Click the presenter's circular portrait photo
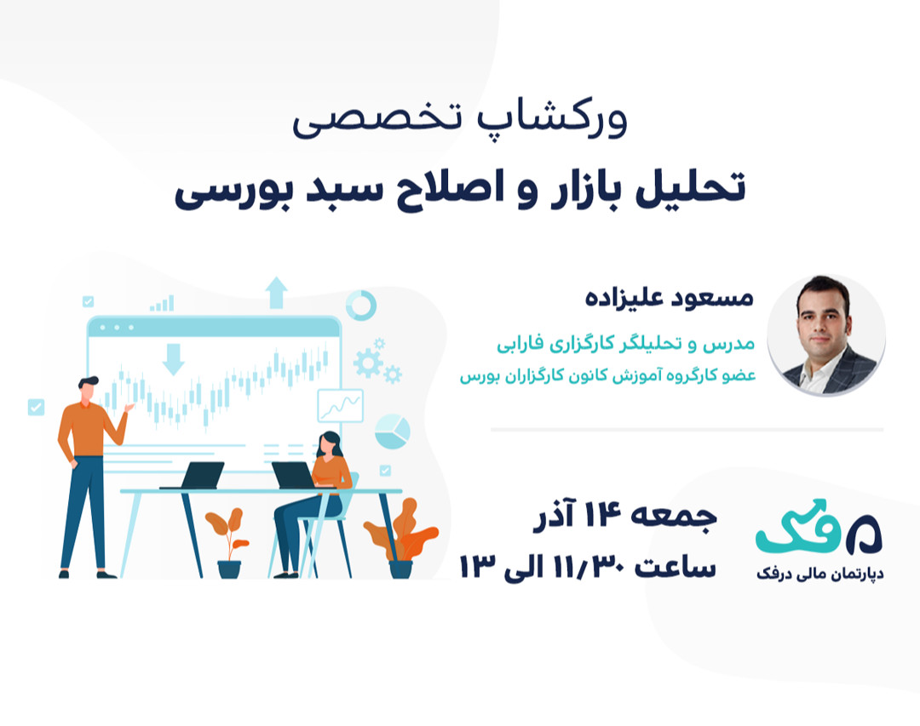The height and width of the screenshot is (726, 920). tap(825, 334)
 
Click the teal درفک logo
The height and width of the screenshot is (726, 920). tap(818, 529)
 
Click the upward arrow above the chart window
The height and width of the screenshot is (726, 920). tap(276, 292)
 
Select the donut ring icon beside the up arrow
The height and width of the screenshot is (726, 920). tap(361, 306)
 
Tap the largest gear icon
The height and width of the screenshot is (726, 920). tap(368, 363)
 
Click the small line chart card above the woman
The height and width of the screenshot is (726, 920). tap(340, 405)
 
